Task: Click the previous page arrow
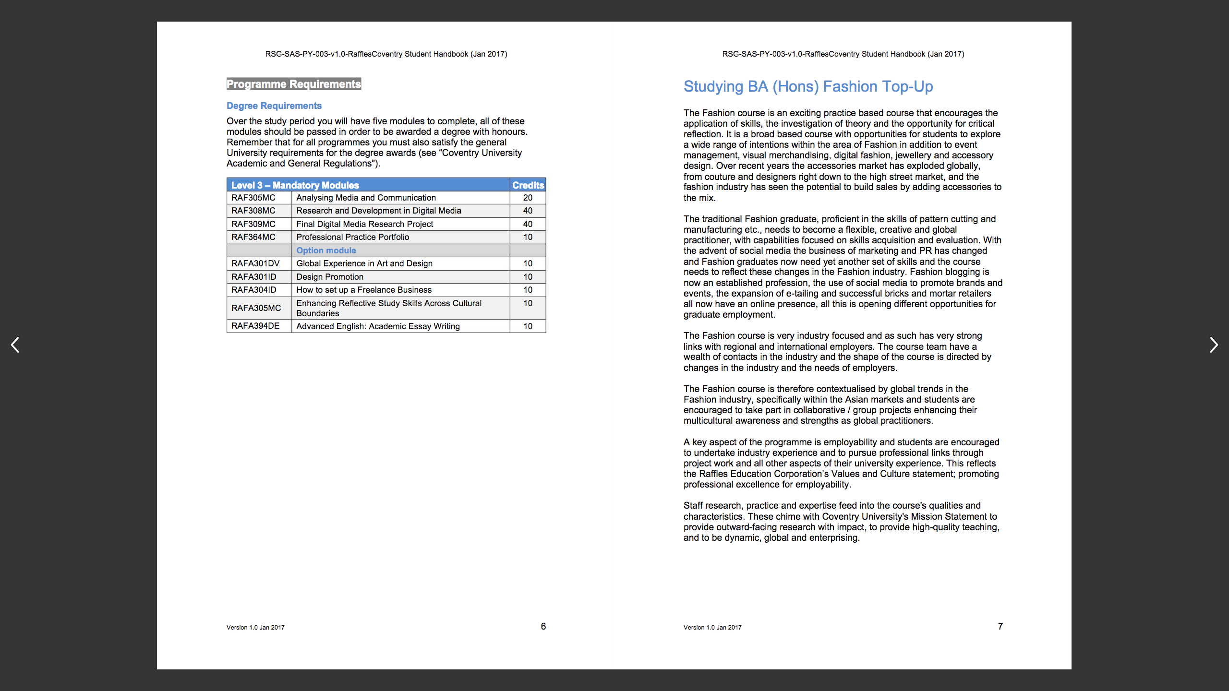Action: tap(15, 345)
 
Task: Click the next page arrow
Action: tap(1213, 345)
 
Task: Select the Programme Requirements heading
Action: tap(294, 84)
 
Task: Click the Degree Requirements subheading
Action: tap(274, 106)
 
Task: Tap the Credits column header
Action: tap(528, 185)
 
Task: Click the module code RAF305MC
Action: tap(253, 198)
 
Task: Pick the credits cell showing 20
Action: tap(528, 198)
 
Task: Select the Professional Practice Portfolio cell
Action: tap(353, 237)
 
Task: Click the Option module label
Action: tap(326, 250)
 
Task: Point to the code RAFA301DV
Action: tap(255, 263)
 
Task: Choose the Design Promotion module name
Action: tap(330, 277)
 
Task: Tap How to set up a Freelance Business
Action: tap(364, 290)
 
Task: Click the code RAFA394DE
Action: tap(255, 326)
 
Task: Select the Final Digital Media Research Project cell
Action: tap(365, 224)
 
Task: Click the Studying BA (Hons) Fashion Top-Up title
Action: tap(808, 87)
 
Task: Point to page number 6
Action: tap(543, 626)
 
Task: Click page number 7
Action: tap(1000, 626)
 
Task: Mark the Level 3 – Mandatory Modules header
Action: tap(295, 185)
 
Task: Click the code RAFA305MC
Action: tap(256, 308)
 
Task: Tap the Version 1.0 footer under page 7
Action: tap(712, 627)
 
